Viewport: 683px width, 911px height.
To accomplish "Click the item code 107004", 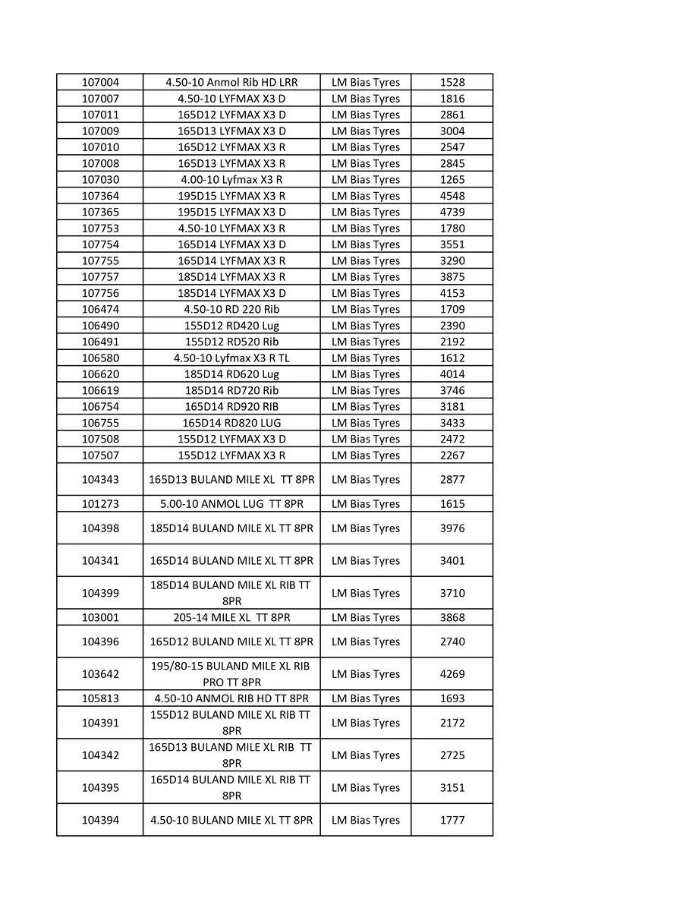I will click(x=100, y=82).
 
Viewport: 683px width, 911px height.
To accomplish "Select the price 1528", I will click(x=452, y=82).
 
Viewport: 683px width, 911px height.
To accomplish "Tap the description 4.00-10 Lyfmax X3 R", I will click(x=231, y=180).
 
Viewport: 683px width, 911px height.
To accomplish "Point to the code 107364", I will click(x=100, y=196).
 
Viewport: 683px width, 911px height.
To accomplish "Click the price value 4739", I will click(x=452, y=212).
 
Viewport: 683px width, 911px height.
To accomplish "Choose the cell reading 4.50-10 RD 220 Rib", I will click(x=231, y=310).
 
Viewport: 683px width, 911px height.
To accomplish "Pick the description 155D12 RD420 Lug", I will click(x=231, y=326).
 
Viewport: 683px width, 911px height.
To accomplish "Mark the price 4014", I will click(x=452, y=374).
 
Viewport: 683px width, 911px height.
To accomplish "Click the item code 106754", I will click(x=100, y=407).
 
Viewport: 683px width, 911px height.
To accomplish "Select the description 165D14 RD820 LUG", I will click(x=231, y=423).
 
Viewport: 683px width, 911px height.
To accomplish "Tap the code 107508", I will click(x=100, y=439).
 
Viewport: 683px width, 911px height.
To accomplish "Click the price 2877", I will click(x=452, y=480).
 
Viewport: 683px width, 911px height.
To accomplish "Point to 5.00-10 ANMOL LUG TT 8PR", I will click(x=231, y=504).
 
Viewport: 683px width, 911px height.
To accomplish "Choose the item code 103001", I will click(x=100, y=618).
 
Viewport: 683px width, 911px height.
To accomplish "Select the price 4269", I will click(x=452, y=674).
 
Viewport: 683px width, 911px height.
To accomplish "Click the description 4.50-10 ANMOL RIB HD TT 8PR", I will click(x=231, y=698).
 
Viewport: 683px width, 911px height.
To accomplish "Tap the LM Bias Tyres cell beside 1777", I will click(x=365, y=821).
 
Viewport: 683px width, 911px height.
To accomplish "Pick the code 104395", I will click(x=100, y=788).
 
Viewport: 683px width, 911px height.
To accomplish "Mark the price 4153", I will click(x=452, y=293).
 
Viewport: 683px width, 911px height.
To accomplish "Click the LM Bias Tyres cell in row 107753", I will click(x=365, y=229).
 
